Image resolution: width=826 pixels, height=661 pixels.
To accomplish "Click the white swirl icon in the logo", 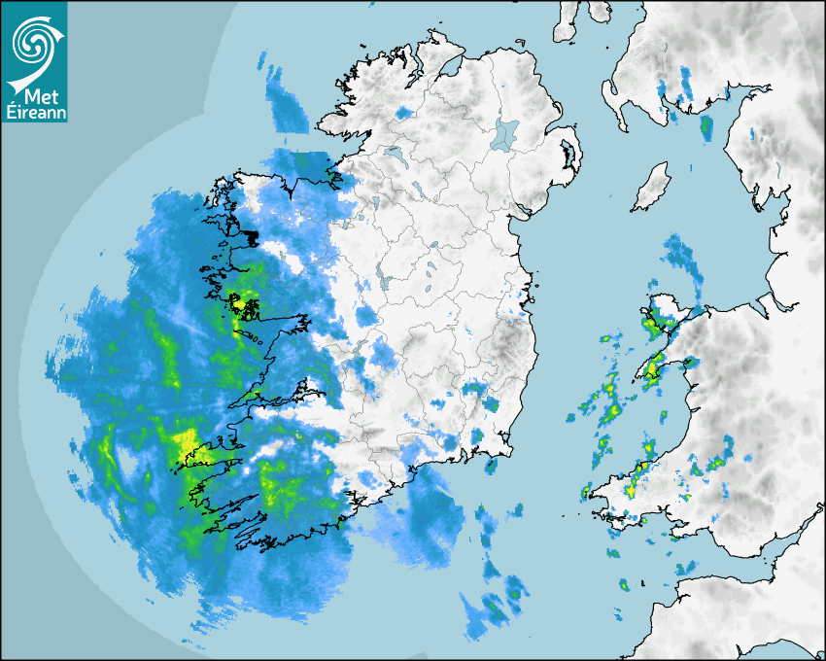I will pyautogui.click(x=34, y=40).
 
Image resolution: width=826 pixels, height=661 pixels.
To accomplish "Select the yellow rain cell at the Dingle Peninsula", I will pyautogui.click(x=185, y=445).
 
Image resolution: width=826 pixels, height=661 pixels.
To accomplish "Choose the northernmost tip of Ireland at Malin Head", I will pyautogui.click(x=428, y=36).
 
